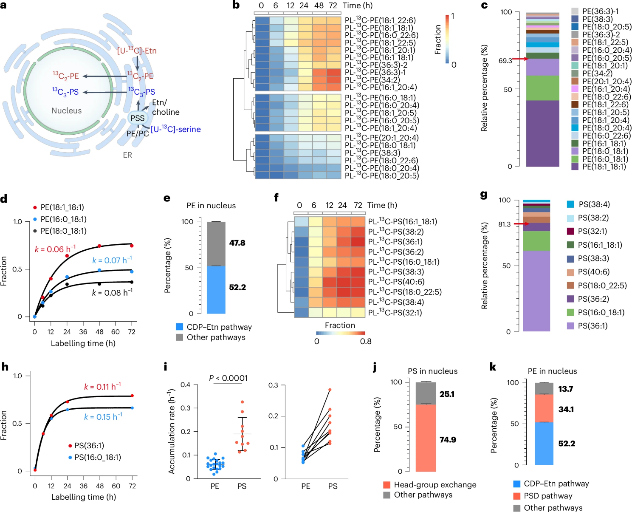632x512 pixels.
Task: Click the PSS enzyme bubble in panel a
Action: tap(138, 118)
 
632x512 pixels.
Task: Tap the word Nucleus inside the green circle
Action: tap(66, 110)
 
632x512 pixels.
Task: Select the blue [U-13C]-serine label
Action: tap(175, 129)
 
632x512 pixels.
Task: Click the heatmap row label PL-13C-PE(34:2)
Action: tap(372, 80)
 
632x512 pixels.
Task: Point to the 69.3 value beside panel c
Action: tap(505, 61)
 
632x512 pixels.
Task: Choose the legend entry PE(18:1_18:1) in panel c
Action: tap(604, 167)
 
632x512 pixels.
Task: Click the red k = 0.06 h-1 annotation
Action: tap(55, 249)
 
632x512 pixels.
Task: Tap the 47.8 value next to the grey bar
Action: tap(237, 243)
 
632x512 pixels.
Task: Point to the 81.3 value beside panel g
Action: tap(505, 224)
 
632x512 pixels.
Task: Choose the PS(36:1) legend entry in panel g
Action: tap(592, 326)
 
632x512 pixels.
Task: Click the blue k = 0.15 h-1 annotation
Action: tap(103, 417)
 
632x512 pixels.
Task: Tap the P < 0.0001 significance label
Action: tap(228, 378)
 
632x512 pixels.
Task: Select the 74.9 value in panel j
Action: tap(448, 439)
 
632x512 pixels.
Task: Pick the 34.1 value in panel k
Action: tap(566, 409)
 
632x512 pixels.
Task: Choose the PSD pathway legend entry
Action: tap(547, 496)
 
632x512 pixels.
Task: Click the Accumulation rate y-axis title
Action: tap(172, 431)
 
